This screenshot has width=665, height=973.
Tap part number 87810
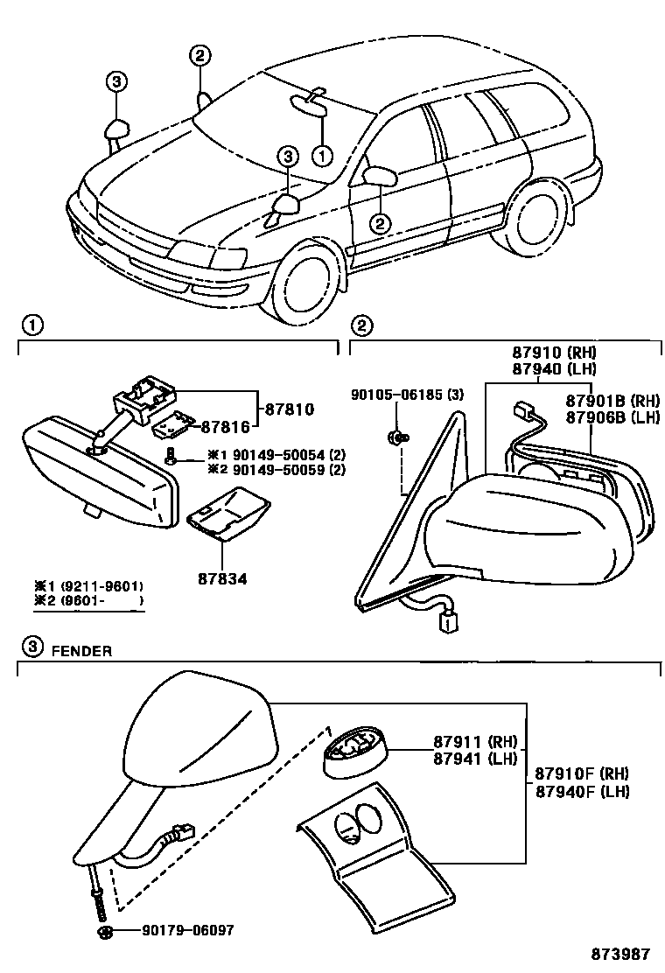[x=289, y=409]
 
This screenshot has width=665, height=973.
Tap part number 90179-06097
[x=188, y=930]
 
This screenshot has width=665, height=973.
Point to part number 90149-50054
[x=268, y=456]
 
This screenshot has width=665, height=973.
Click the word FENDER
[x=80, y=650]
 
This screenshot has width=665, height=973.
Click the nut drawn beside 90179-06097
[x=104, y=931]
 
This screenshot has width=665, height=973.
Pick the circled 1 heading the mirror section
[x=31, y=325]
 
